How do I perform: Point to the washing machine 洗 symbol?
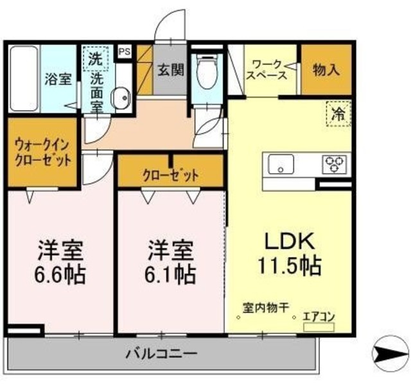[x=95, y=60]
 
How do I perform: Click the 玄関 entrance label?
[x=171, y=69]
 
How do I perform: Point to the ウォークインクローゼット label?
[x=44, y=153]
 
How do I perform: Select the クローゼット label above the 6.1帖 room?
[x=170, y=174]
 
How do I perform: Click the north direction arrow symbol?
[x=390, y=352]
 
